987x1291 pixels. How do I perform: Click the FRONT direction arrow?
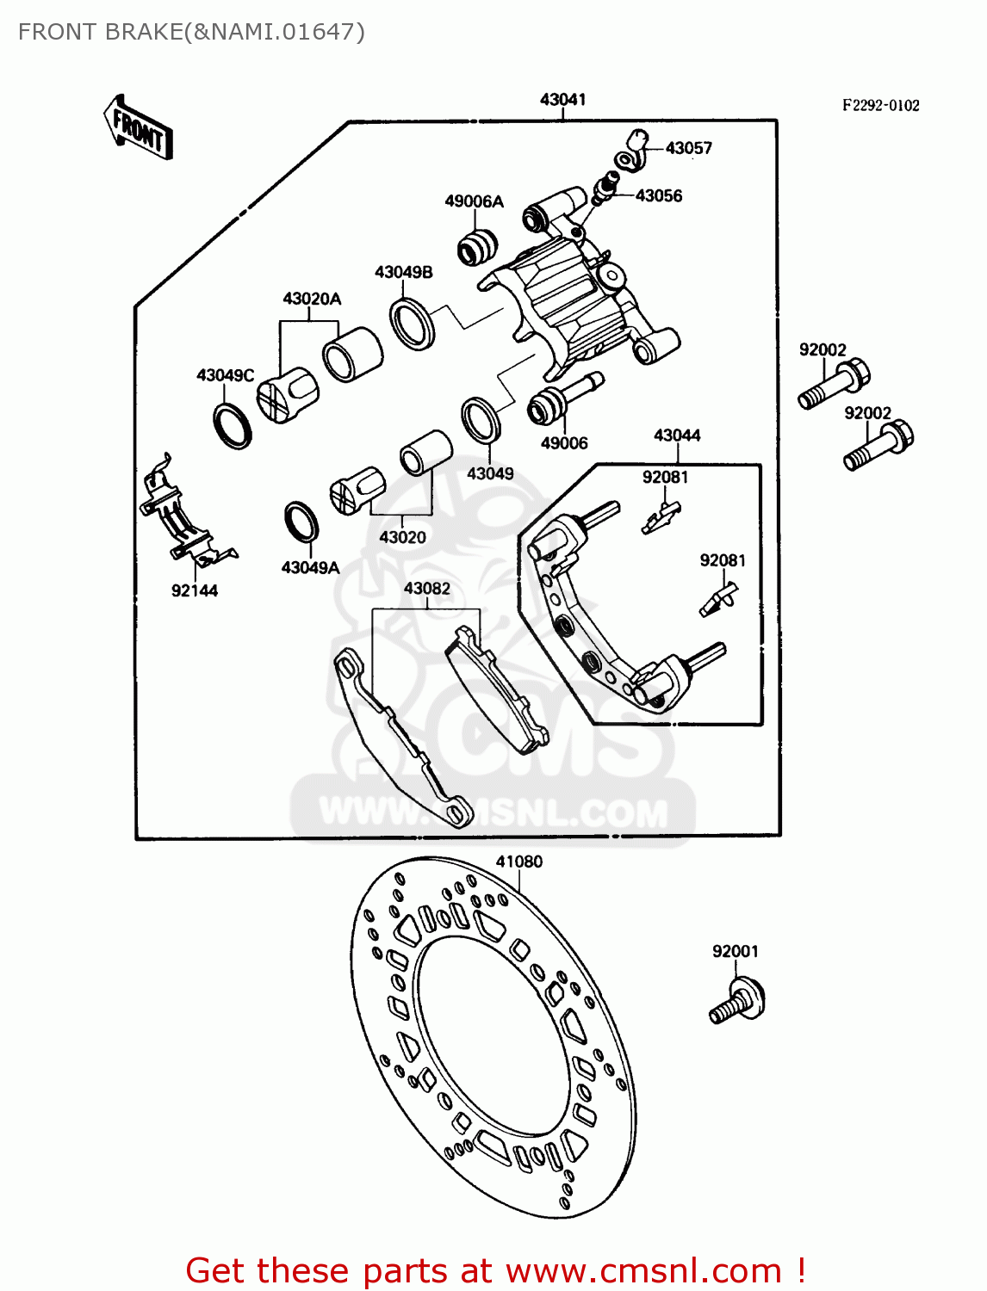pyautogui.click(x=138, y=128)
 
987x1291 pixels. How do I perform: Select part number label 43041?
pyautogui.click(x=562, y=100)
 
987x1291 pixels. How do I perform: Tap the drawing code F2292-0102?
pyautogui.click(x=880, y=105)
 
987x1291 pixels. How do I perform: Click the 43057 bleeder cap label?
pyautogui.click(x=688, y=148)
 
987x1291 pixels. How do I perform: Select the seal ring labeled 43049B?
pyautogui.click(x=413, y=324)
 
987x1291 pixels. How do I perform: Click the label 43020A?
pyautogui.click(x=312, y=299)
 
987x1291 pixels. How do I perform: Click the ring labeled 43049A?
pyautogui.click(x=301, y=522)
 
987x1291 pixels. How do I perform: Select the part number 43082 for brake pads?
pyautogui.click(x=426, y=589)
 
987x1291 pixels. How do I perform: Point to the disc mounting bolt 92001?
pyautogui.click(x=738, y=1002)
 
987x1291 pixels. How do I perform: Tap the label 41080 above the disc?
pyautogui.click(x=518, y=862)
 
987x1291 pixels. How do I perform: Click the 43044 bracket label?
pyautogui.click(x=677, y=435)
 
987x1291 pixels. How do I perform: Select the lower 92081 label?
pyautogui.click(x=722, y=560)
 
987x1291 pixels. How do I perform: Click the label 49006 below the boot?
pyautogui.click(x=564, y=443)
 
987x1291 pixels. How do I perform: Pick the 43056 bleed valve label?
pyautogui.click(x=658, y=196)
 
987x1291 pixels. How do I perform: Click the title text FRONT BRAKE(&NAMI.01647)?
pyautogui.click(x=191, y=32)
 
